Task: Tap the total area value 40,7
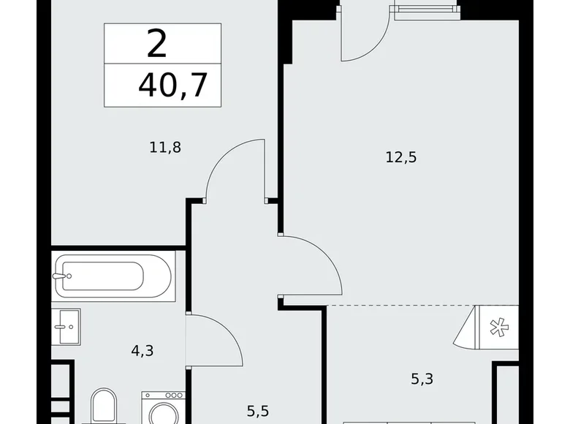click(x=172, y=86)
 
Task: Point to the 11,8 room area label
click(x=165, y=148)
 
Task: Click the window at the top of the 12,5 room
click(x=423, y=10)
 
